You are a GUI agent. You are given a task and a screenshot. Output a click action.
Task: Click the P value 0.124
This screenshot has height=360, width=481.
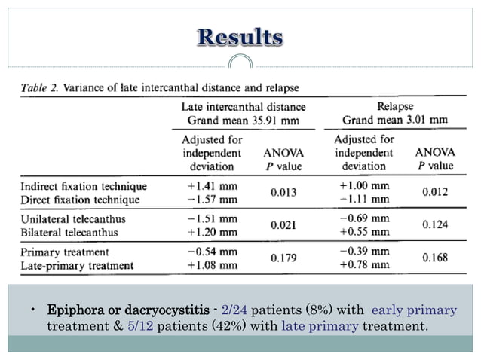(435, 224)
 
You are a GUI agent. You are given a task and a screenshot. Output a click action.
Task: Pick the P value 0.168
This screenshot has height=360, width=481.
(435, 258)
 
